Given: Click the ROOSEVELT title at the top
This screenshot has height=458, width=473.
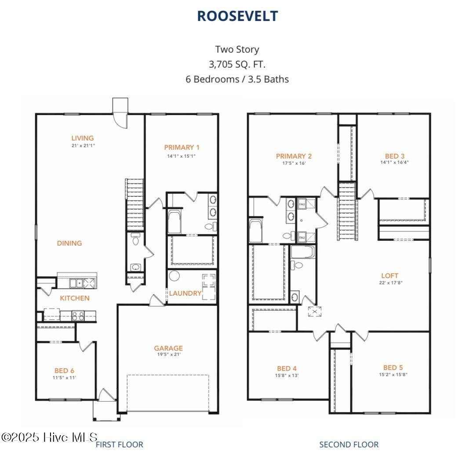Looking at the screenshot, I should tap(237, 16).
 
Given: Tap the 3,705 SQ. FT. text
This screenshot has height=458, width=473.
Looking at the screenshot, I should tap(237, 65).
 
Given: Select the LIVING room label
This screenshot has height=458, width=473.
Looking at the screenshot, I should tap(83, 138).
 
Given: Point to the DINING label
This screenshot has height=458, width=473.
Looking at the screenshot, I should tap(69, 243).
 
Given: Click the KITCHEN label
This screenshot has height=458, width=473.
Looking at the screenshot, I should tap(75, 298).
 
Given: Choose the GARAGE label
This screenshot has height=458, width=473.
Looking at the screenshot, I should tap(168, 348).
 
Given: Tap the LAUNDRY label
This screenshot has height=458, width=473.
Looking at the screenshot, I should tap(185, 293).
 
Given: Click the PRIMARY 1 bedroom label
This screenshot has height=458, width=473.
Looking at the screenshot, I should tap(182, 147).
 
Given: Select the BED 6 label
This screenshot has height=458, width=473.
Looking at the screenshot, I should tap(65, 371).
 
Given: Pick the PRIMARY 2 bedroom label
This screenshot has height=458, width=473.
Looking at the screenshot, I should tap(294, 156).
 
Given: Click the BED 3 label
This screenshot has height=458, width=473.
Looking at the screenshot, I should tap(394, 156).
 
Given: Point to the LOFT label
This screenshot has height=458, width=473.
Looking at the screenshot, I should tap(390, 276).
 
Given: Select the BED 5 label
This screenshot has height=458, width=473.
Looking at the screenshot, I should tap(393, 367).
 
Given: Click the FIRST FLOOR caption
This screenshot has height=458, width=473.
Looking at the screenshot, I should tap(120, 444).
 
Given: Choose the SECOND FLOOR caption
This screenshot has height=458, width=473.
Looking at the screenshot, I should tap(349, 444).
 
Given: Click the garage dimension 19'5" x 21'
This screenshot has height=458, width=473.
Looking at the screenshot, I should tap(168, 354).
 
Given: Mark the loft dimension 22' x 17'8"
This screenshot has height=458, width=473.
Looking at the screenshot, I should tap(390, 283).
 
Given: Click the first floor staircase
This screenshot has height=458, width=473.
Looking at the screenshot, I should tap(135, 204).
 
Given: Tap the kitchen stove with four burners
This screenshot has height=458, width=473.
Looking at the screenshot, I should tap(78, 315).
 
